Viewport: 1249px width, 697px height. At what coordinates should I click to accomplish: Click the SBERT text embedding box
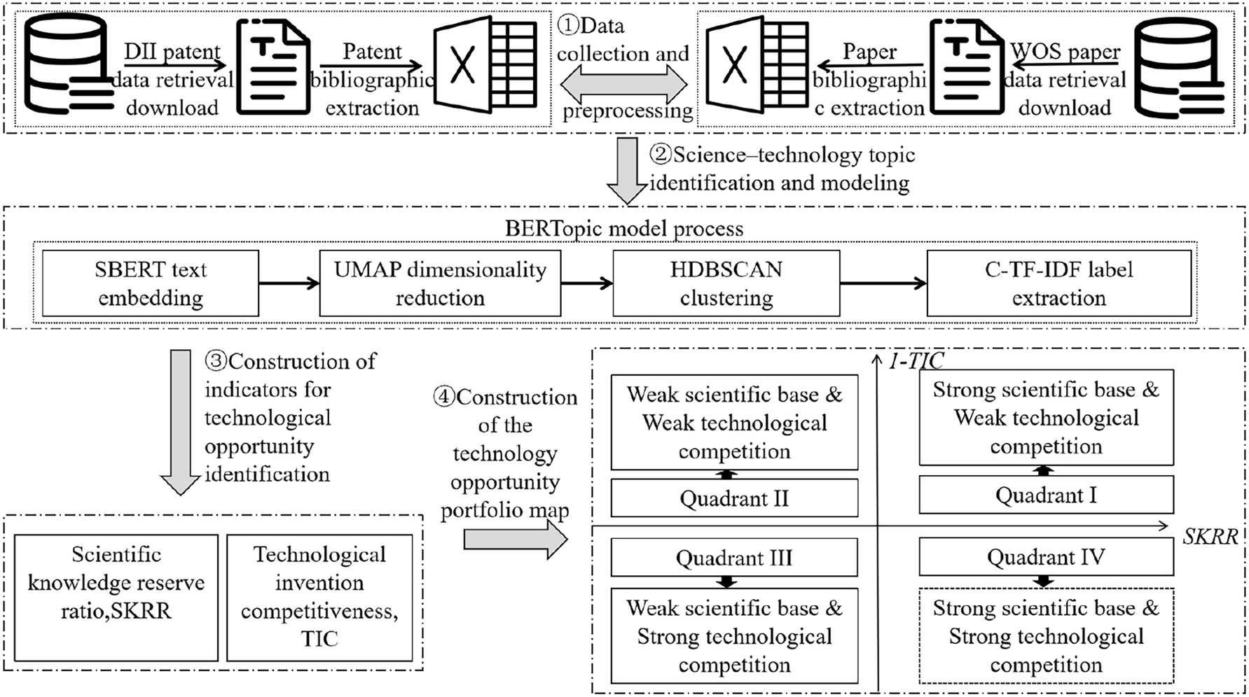pyautogui.click(x=151, y=283)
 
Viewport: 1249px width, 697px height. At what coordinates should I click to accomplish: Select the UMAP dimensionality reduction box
pyautogui.click(x=440, y=283)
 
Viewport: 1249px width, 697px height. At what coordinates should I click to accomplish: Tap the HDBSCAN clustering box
pyautogui.click(x=726, y=283)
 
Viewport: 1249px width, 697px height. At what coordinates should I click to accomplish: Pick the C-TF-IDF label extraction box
pyautogui.click(x=1058, y=283)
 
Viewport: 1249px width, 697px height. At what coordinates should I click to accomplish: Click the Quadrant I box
pyautogui.click(x=1046, y=495)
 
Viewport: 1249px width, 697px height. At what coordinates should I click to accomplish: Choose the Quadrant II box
pyautogui.click(x=734, y=498)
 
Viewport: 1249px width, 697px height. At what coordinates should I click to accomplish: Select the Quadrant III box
pyautogui.click(x=734, y=558)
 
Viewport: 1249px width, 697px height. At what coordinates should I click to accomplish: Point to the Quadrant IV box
pyautogui.click(x=1046, y=557)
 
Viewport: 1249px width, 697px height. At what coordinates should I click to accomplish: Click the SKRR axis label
pyautogui.click(x=1210, y=537)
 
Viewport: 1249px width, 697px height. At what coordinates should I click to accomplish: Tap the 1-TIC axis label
pyautogui.click(x=916, y=360)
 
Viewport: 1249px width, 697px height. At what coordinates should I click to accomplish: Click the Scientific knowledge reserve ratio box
pyautogui.click(x=116, y=598)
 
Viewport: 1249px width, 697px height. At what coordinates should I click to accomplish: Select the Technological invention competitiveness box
pyautogui.click(x=319, y=598)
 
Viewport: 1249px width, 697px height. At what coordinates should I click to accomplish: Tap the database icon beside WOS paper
pyautogui.click(x=1179, y=67)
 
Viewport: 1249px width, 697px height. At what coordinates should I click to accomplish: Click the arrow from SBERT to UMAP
pyautogui.click(x=289, y=283)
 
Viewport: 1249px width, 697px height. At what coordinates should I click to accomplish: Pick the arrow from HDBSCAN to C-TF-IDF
pyautogui.click(x=883, y=283)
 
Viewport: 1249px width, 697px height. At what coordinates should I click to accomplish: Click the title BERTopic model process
pyautogui.click(x=624, y=228)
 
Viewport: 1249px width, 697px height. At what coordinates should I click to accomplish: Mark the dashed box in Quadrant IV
pyautogui.click(x=1046, y=636)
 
